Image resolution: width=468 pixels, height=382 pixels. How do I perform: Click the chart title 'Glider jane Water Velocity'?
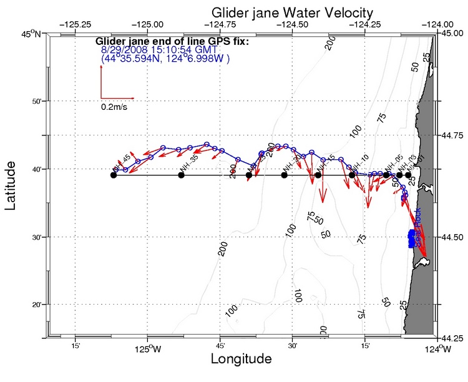coord(292,12)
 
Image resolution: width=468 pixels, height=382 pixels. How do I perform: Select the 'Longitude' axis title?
coord(241,360)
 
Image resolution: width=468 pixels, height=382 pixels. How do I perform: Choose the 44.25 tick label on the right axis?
coord(452,339)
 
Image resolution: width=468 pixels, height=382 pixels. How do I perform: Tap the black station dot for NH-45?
coord(114,175)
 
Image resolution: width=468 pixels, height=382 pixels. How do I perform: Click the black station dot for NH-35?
coord(181,175)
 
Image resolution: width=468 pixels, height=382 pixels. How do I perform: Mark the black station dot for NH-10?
coord(352,175)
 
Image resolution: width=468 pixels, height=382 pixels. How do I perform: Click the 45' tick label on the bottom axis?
coord(220,346)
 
